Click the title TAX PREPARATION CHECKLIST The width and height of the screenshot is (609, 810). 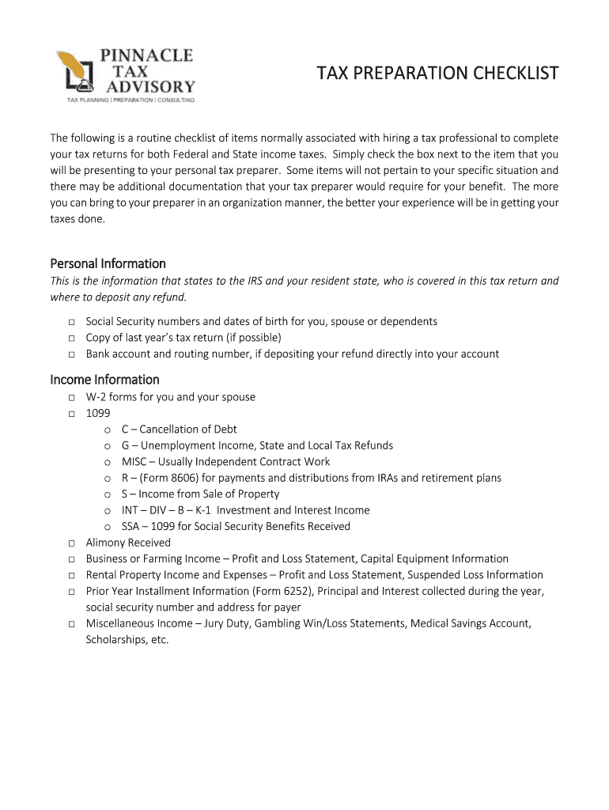click(x=437, y=74)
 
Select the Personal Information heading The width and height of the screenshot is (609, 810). click(x=108, y=263)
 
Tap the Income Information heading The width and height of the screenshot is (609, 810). click(x=104, y=380)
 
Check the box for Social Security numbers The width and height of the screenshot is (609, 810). click(x=71, y=322)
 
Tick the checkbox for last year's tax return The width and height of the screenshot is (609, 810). click(x=71, y=338)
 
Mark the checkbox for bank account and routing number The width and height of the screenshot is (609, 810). click(x=71, y=354)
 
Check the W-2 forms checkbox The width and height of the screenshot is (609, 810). click(x=71, y=397)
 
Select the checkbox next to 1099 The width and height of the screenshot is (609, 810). click(x=71, y=414)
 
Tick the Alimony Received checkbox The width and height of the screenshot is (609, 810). click(x=71, y=543)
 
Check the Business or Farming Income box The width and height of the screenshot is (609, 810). click(x=71, y=559)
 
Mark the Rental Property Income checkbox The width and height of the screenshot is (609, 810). click(x=71, y=575)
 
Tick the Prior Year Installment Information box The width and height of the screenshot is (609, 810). click(x=71, y=592)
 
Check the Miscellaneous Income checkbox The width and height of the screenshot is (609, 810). click(x=71, y=624)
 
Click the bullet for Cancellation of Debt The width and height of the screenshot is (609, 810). click(x=107, y=430)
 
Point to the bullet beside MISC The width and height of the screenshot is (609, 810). click(x=107, y=463)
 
